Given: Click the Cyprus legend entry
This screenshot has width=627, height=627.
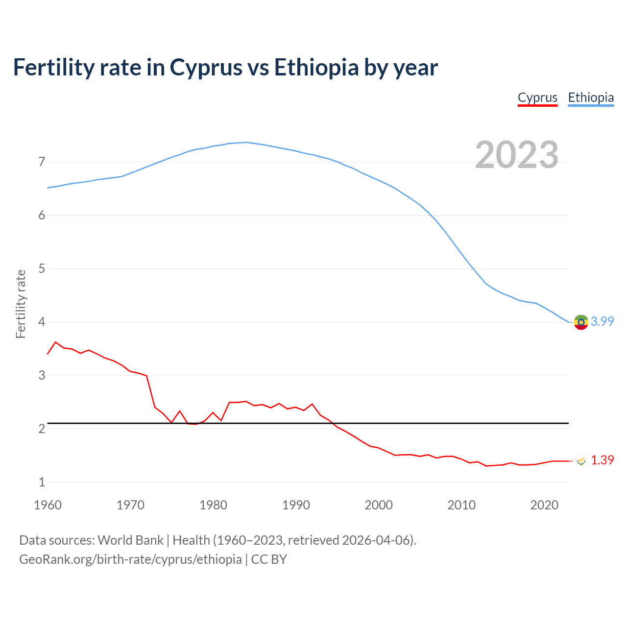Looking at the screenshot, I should click(x=537, y=97).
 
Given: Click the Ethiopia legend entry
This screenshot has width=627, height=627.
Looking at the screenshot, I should click(x=591, y=97).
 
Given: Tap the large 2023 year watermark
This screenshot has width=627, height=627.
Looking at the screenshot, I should click(x=517, y=155).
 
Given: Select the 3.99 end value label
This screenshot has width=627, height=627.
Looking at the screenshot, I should click(x=602, y=322).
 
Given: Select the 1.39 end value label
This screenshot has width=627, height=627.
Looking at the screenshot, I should click(x=602, y=460).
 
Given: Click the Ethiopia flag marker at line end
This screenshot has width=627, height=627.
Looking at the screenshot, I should click(x=581, y=322).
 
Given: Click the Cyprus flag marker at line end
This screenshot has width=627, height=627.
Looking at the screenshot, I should click(x=581, y=461).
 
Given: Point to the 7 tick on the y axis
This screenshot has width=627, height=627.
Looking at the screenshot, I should click(x=42, y=162).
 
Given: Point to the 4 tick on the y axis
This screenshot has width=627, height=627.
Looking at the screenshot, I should click(x=42, y=322).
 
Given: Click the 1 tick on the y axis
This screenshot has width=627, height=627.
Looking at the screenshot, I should click(x=42, y=482).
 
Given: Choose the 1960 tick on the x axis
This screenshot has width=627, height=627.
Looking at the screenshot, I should click(x=48, y=505).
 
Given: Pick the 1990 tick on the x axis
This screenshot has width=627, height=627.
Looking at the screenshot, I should click(x=296, y=505).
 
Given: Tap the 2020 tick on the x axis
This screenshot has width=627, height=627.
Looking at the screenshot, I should click(x=544, y=505).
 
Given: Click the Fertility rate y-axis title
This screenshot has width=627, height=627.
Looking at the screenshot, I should click(x=21, y=304).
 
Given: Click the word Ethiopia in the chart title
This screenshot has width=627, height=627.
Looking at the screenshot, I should click(x=316, y=68).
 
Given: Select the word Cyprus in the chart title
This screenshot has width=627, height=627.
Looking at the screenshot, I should click(x=206, y=68).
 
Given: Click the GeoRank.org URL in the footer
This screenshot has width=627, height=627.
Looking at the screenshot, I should click(x=130, y=559).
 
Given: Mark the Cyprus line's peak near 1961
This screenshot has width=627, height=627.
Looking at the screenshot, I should click(x=55, y=342).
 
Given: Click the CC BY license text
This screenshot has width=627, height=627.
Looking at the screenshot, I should click(x=269, y=559).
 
